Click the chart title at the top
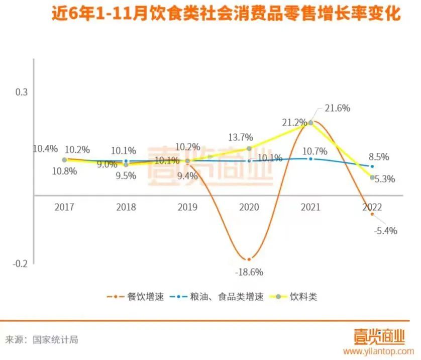coord(226,14)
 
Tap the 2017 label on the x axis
coord(64,207)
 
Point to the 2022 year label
coord(372,207)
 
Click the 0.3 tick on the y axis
coord(21,92)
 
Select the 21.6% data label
coord(337,108)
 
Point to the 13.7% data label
coord(240,137)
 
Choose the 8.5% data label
coord(379,156)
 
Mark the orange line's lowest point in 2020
coord(249,259)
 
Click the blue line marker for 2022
coord(372,166)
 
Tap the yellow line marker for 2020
coord(249,148)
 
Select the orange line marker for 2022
coord(372,214)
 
